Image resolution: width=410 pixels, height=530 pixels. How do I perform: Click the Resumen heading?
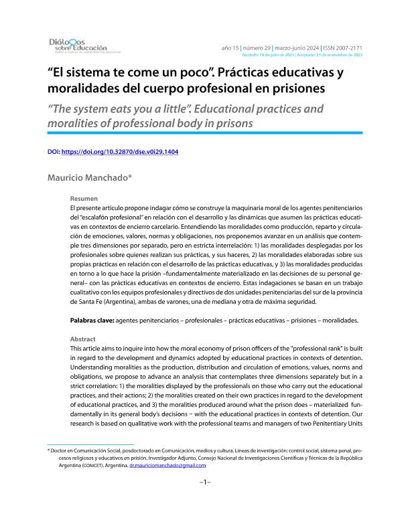tap(84, 199)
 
